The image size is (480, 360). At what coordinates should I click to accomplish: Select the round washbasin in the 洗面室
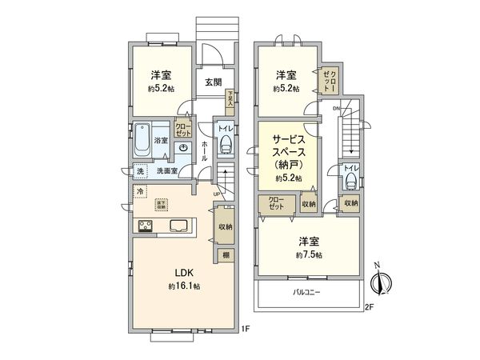click(x=183, y=148)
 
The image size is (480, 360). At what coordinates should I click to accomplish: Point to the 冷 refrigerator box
click(x=141, y=191)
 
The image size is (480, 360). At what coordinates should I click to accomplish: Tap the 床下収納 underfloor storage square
click(x=162, y=204)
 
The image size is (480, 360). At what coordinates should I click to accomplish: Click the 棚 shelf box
click(x=228, y=255)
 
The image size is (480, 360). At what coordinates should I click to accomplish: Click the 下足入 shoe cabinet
click(x=230, y=98)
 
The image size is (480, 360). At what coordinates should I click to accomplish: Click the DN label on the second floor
click(x=337, y=108)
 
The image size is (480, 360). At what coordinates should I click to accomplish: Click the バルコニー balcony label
click(x=306, y=293)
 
